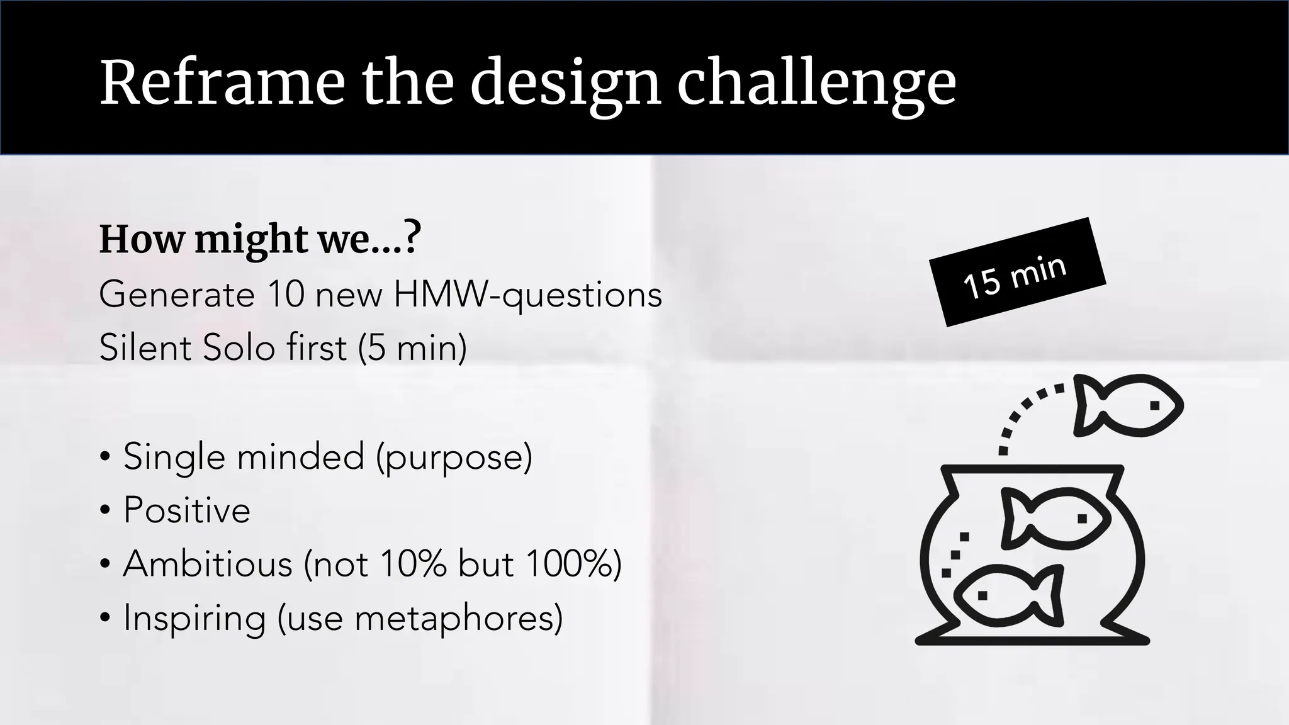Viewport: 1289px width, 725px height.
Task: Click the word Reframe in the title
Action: click(222, 82)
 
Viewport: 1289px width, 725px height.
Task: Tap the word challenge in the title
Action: click(816, 82)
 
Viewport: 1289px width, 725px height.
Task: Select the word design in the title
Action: click(565, 82)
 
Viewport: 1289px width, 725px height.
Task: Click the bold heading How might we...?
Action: click(259, 239)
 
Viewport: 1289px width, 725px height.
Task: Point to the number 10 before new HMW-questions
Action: click(286, 294)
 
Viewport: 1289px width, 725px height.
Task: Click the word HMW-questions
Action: click(527, 294)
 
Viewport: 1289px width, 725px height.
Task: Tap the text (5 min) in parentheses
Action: click(412, 347)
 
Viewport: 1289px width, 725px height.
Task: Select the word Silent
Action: click(145, 347)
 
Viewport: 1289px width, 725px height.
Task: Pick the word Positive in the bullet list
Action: click(187, 510)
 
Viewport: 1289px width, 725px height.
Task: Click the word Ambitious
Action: click(208, 563)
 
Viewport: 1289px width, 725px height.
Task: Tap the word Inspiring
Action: click(194, 617)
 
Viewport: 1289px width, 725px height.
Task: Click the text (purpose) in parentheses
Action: click(454, 456)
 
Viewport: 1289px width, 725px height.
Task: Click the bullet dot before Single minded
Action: click(105, 456)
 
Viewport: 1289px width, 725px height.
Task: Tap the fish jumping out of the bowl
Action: click(1127, 406)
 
